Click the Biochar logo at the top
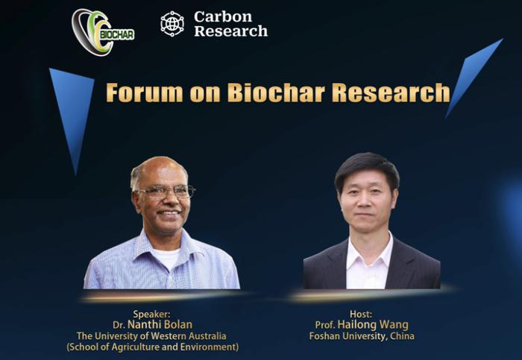(x=103, y=32)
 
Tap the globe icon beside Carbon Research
(x=172, y=24)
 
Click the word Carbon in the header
(x=223, y=16)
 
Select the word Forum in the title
(x=145, y=92)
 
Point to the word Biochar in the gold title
(x=277, y=92)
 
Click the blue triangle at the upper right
(x=474, y=78)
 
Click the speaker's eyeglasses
(x=166, y=192)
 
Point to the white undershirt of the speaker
(x=166, y=258)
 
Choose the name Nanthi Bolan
(x=160, y=325)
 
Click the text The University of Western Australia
(x=151, y=336)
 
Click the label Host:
(x=361, y=314)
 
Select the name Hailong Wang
(x=373, y=325)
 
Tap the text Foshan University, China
(x=362, y=336)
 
